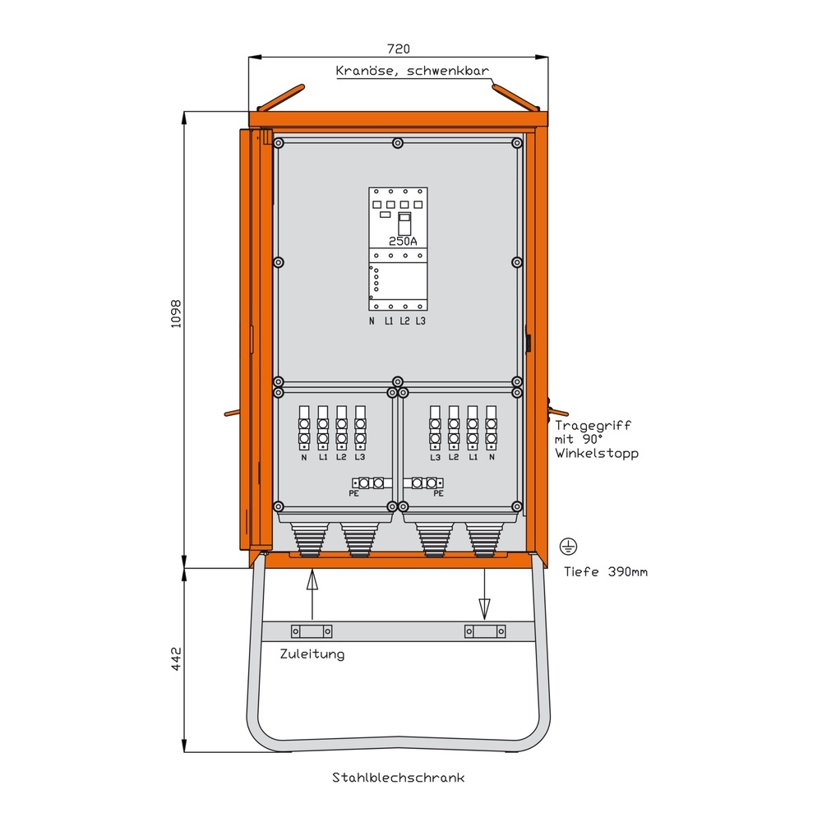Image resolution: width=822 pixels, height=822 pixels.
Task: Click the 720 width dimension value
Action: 398,49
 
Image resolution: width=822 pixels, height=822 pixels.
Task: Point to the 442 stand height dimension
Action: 174,660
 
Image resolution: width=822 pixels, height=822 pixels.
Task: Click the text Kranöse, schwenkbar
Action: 413,72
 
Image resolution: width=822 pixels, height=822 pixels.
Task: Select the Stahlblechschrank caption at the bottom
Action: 399,777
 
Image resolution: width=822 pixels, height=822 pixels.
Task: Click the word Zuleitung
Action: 312,654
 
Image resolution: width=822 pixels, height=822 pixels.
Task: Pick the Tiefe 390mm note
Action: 606,571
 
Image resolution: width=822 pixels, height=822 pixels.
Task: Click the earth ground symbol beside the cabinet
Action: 566,546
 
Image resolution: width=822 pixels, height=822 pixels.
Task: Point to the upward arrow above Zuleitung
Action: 312,594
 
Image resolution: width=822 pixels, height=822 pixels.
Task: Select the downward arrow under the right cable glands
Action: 484,595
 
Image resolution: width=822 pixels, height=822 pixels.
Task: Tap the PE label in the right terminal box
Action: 438,494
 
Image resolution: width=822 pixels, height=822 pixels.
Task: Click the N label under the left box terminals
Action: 304,457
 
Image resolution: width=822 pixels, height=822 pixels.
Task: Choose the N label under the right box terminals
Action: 491,457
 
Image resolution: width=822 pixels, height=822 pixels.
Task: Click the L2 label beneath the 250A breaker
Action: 404,320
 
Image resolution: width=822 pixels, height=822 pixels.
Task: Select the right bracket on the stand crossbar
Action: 484,631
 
